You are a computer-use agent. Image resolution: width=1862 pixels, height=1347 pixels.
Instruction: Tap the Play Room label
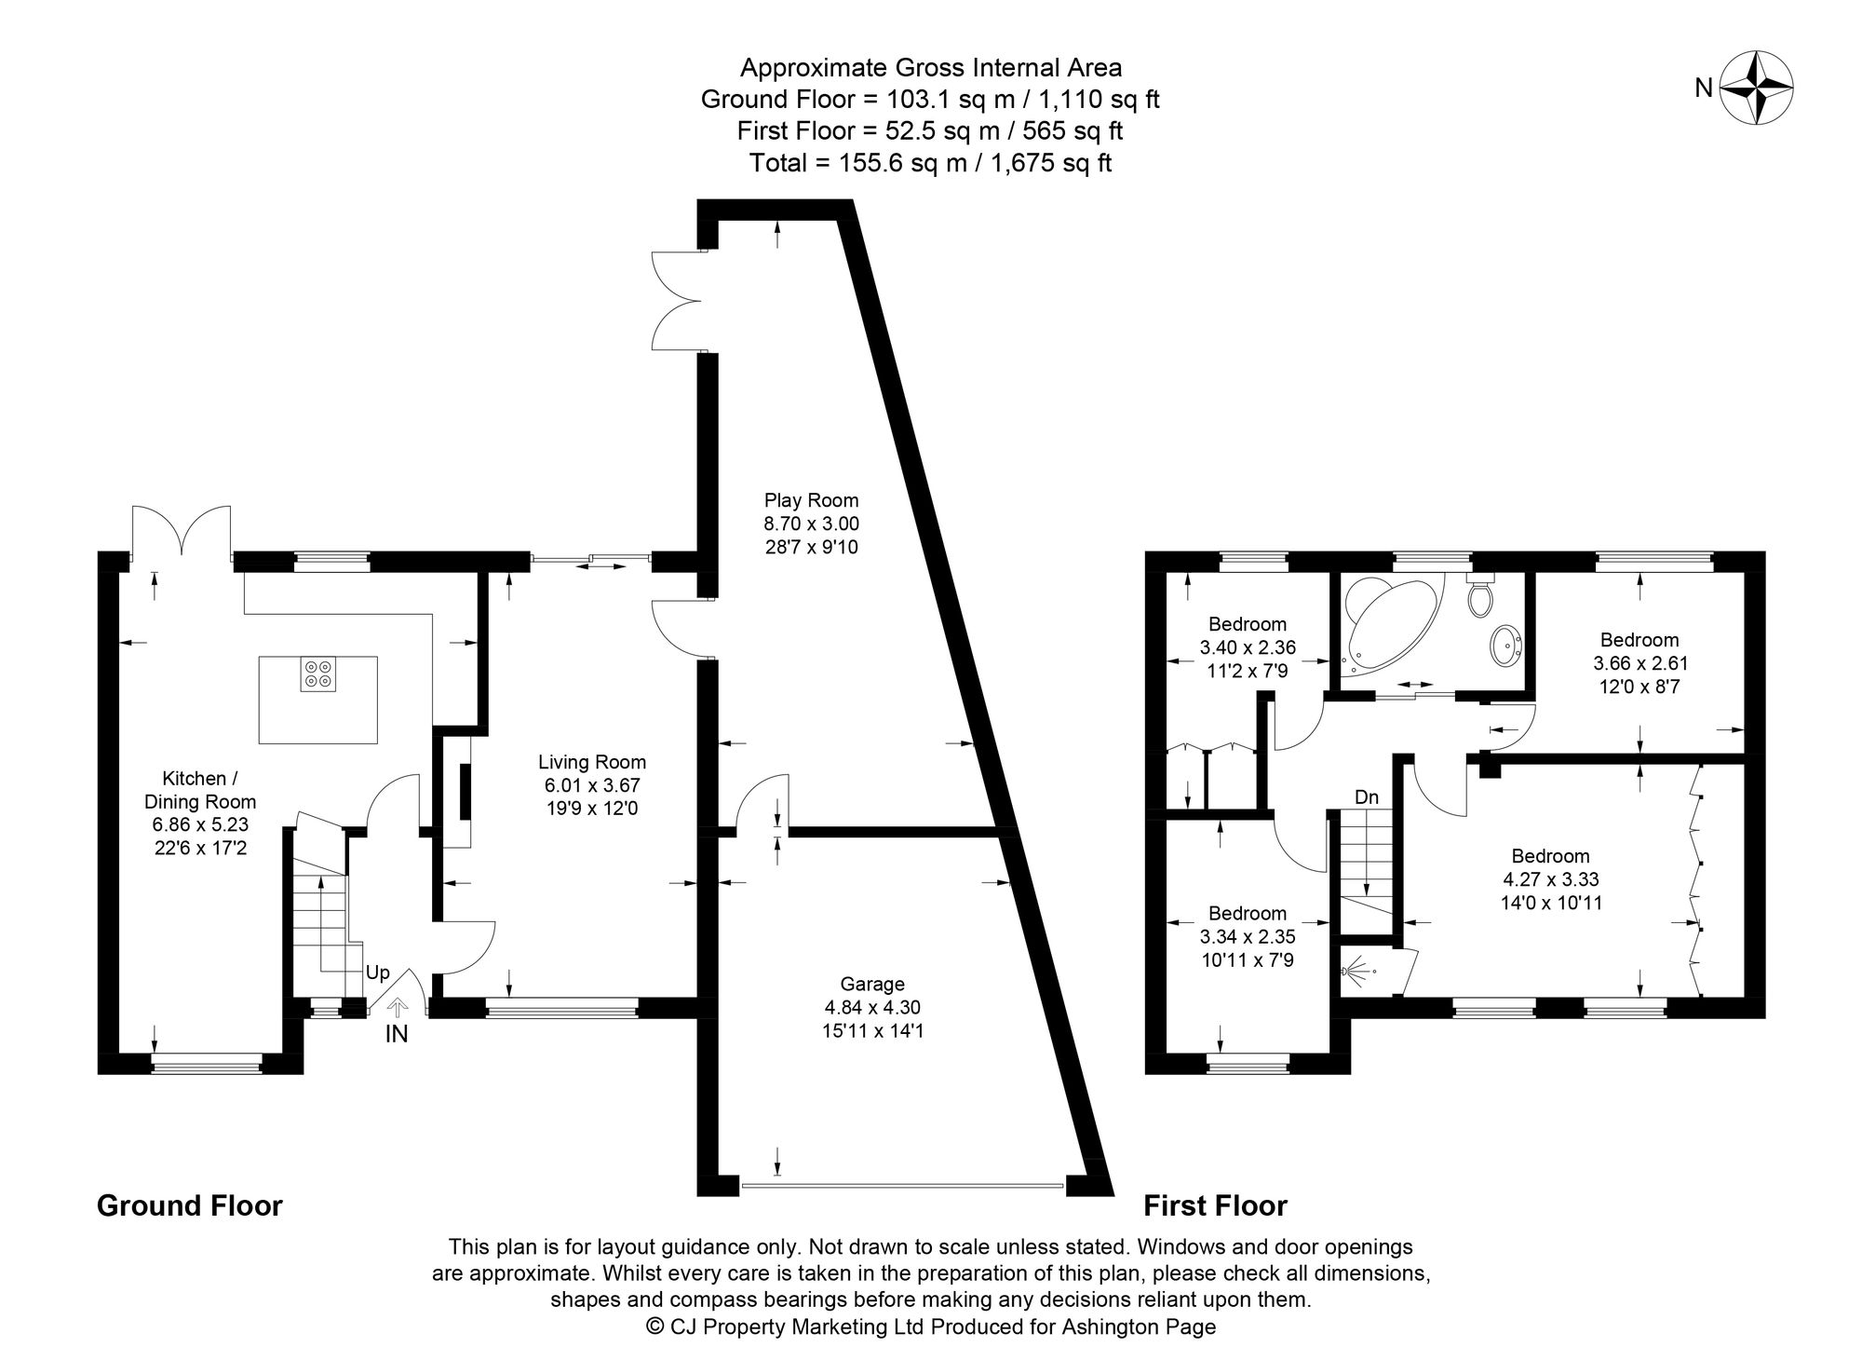811,500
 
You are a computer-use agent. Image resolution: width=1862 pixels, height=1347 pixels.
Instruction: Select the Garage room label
872,984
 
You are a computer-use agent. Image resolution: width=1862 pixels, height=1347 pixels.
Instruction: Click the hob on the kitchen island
318,674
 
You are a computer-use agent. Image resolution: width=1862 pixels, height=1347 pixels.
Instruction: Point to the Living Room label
592,762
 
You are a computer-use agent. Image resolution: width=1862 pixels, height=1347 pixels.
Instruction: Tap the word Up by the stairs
377,973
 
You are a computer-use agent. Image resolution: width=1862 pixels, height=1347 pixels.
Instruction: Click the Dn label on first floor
1366,797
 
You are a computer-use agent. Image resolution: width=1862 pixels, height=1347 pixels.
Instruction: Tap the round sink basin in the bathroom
1505,644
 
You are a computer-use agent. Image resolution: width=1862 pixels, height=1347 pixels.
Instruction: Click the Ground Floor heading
190,1205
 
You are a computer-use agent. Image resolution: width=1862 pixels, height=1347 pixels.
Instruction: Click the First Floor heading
1215,1205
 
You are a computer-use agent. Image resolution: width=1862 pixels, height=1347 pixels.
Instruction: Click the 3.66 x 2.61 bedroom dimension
1639,663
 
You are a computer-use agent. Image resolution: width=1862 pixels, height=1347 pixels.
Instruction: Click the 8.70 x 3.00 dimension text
811,524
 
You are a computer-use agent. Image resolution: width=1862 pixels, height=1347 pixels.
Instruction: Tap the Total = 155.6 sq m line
930,163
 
